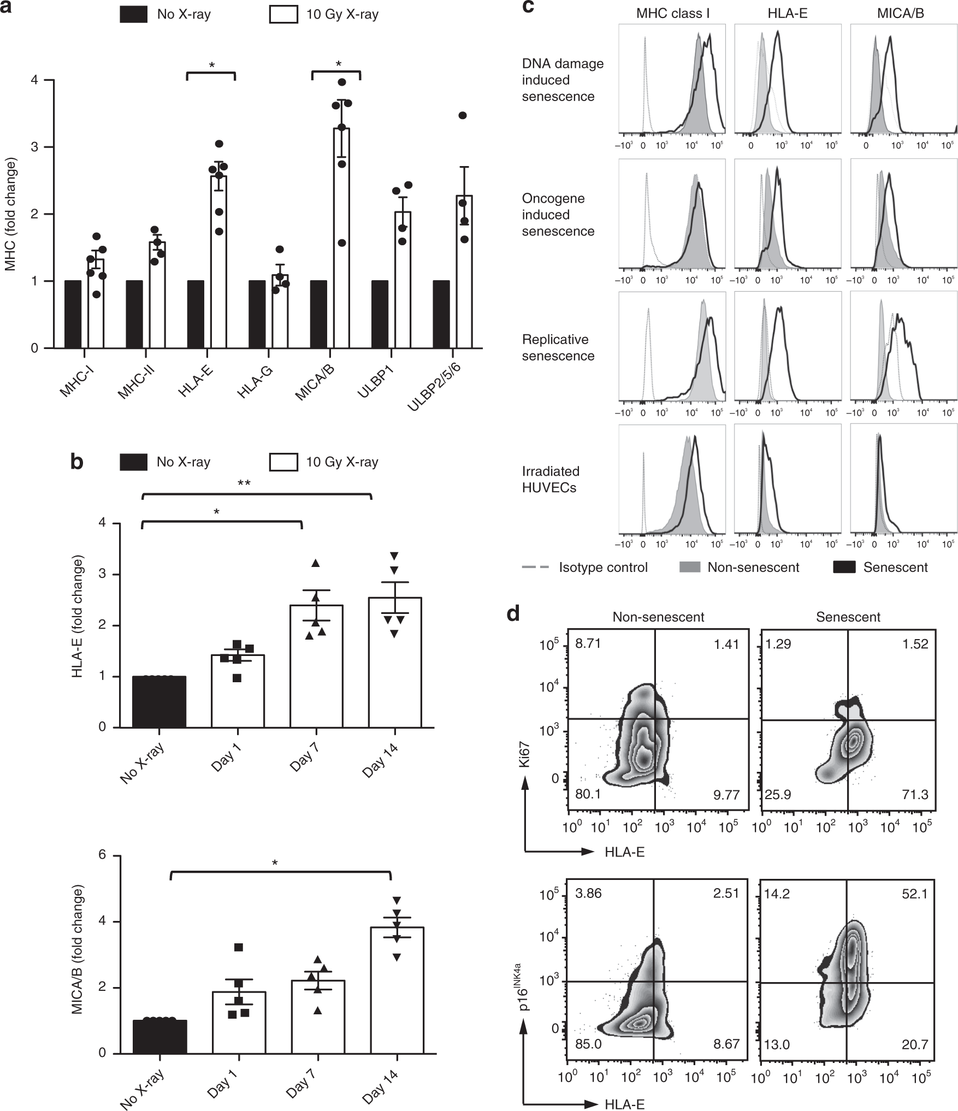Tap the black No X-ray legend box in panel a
pos(134,15)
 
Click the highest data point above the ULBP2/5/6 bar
pos(463,115)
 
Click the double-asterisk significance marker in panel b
pos(244,483)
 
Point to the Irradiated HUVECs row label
pos(551,479)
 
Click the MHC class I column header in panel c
pos(673,14)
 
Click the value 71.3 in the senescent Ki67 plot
pos(914,795)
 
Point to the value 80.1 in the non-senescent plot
pos(588,795)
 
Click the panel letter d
pos(513,614)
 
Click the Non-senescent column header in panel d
pos(658,617)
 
